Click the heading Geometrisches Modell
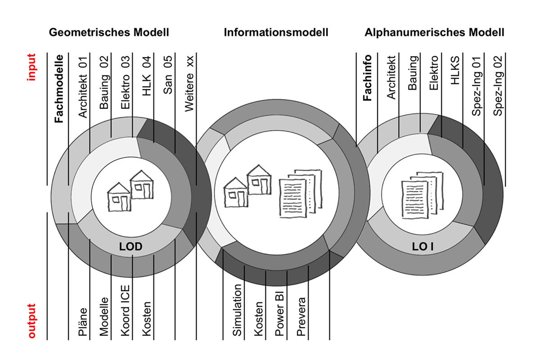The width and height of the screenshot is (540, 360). pos(109,32)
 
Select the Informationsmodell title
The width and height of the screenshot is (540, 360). pos(276,32)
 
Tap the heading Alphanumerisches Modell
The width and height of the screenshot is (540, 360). pos(434,32)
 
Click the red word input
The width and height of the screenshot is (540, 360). pos(31,67)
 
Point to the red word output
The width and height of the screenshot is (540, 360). pos(31,321)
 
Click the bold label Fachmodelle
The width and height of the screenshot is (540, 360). pos(59,89)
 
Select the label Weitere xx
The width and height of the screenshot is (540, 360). pos(189,84)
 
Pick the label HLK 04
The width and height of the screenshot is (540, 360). pos(147,76)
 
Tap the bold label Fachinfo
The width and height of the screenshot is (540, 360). pos(367,78)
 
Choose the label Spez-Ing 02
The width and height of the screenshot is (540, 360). pos(498,86)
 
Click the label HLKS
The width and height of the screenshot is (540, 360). pos(455,70)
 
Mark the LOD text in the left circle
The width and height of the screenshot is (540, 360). pos(131,247)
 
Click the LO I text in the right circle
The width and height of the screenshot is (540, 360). pos(423,247)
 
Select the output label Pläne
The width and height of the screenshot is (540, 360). pos(83,322)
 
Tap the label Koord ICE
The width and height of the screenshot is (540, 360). pos(126,310)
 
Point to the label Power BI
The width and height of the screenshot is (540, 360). pos(279,314)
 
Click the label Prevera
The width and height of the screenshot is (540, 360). pos(301,317)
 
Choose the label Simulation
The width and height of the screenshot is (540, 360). pos(237,310)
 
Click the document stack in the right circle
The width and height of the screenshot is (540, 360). pos(423,195)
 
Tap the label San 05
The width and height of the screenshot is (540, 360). pos(168,75)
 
